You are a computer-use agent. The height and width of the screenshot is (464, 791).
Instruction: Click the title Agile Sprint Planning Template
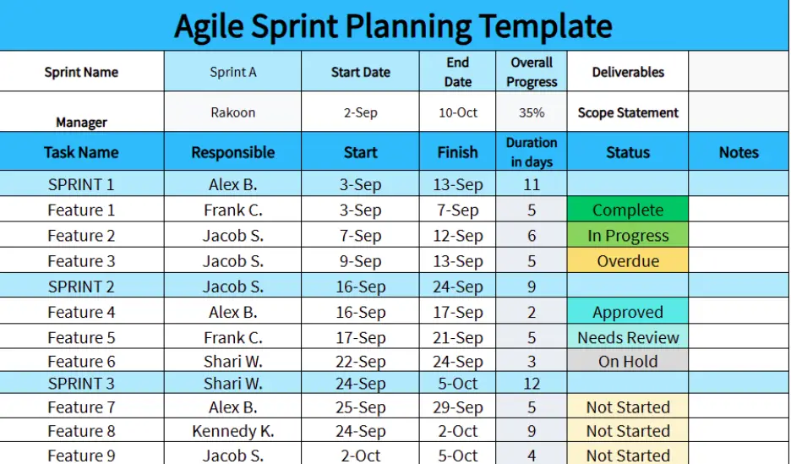coord(393,26)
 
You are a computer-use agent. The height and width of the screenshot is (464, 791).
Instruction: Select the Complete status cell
coord(628,210)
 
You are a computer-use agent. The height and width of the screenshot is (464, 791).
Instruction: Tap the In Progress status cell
coord(628,236)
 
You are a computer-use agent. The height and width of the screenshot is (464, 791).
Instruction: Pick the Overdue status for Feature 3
coord(628,261)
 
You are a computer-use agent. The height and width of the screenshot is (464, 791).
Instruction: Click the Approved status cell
coord(628,312)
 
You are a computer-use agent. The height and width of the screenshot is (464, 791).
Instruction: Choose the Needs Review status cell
coord(628,337)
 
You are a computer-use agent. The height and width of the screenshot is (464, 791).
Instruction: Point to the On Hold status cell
coord(628,361)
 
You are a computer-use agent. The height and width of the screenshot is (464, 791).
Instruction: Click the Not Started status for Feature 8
coord(628,431)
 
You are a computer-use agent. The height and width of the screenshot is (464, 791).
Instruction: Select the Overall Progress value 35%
coord(532,112)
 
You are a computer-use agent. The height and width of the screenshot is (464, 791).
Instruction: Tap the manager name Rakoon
coord(232,112)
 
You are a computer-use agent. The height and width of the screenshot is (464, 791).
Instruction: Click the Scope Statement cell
coord(628,112)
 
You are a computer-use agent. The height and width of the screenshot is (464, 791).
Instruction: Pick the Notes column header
coord(739,153)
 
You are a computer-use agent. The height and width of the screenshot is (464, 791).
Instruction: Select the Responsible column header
coord(232,153)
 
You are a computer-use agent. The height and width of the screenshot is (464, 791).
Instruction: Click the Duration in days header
coord(532,152)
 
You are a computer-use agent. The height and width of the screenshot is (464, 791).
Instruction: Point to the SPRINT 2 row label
coord(81,287)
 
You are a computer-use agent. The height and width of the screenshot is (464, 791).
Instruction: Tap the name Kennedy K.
coord(232,431)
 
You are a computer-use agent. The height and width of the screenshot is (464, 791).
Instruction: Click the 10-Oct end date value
coord(457,112)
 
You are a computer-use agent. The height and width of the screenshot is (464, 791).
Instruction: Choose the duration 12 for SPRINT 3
coord(532,384)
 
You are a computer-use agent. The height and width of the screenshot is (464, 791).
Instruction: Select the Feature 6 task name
coord(81,361)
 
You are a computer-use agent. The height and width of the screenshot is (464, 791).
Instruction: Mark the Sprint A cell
coord(232,72)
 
